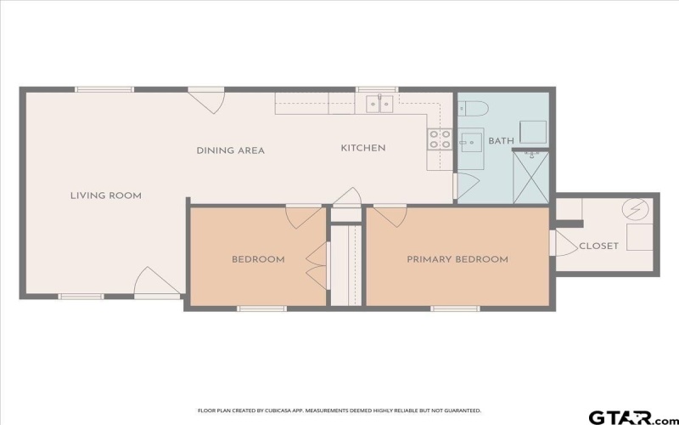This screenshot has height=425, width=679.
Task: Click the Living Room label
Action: [105, 195]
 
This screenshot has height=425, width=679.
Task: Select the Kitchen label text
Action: [363, 148]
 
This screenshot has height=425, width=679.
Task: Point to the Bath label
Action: [501, 141]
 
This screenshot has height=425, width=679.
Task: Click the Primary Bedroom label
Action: [457, 259]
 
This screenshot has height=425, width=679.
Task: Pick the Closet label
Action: [598, 246]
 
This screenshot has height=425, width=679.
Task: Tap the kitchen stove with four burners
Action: [440, 139]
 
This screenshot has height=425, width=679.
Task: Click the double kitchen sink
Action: [379, 104]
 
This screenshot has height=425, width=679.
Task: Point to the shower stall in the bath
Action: [531, 176]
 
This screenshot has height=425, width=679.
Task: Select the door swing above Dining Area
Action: [207, 101]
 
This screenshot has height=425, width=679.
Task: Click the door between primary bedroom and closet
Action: [561, 243]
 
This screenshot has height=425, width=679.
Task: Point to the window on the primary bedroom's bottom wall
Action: [456, 308]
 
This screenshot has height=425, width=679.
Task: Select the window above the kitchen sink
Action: [377, 88]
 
